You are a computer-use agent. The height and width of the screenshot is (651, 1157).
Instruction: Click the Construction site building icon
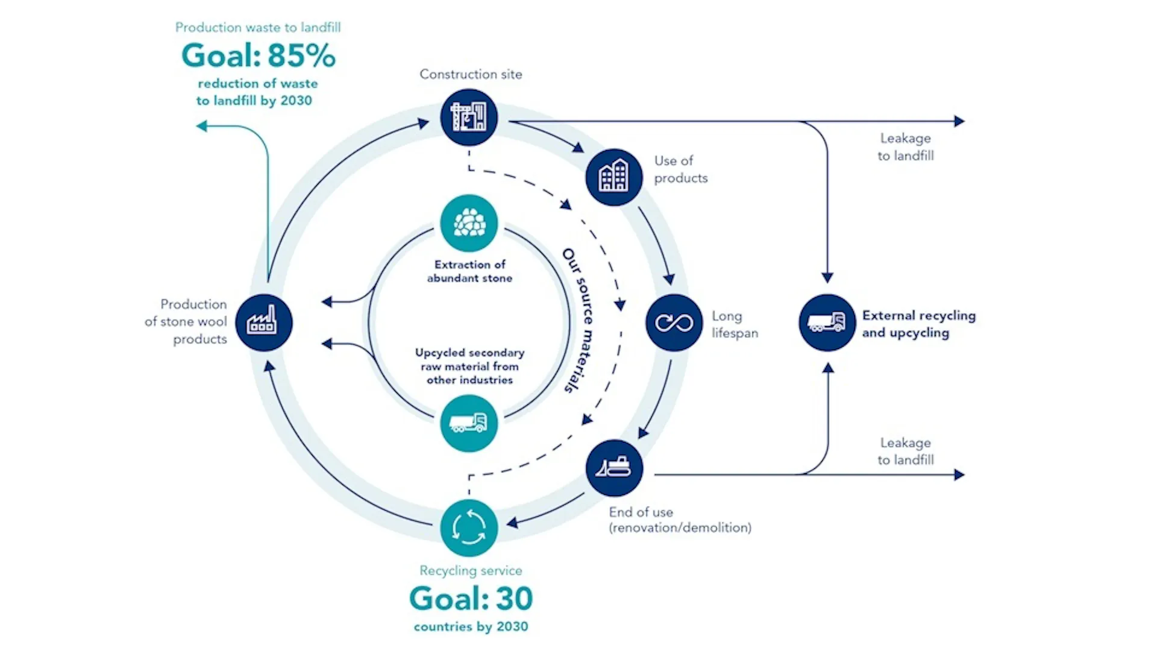tap(469, 117)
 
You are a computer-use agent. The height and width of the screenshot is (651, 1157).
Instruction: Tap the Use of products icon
tap(613, 177)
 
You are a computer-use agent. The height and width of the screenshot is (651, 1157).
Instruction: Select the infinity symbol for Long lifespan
tap(674, 322)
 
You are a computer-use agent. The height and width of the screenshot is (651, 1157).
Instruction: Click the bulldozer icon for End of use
tap(613, 468)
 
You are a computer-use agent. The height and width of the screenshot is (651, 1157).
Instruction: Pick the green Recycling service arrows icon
tap(469, 528)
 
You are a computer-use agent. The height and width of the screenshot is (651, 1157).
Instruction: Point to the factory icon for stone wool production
tap(264, 322)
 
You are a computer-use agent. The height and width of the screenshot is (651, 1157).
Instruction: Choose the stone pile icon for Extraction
tap(469, 223)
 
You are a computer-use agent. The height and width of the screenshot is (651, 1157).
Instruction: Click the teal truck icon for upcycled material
tap(469, 423)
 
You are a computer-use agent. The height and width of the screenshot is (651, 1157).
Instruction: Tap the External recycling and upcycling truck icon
tap(827, 322)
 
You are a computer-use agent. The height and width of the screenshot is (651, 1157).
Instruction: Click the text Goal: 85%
tap(258, 55)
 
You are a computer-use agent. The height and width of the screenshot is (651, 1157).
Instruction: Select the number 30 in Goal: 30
tap(515, 599)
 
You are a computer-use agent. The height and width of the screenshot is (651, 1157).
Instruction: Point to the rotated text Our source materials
tap(577, 321)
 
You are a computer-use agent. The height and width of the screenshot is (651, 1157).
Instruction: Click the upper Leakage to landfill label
tap(905, 147)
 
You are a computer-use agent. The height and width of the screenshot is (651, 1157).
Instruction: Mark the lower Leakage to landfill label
tap(905, 451)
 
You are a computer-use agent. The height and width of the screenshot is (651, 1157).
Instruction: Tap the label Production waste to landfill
tap(258, 27)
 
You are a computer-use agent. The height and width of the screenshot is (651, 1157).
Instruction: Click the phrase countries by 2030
tap(471, 627)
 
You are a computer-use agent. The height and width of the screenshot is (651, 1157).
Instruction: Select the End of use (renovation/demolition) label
tap(680, 520)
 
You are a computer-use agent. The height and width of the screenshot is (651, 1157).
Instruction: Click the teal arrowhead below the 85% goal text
tap(202, 126)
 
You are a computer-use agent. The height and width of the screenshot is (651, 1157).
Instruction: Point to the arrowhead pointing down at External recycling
tap(827, 278)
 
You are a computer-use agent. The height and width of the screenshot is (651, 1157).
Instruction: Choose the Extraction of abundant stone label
tap(469, 271)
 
